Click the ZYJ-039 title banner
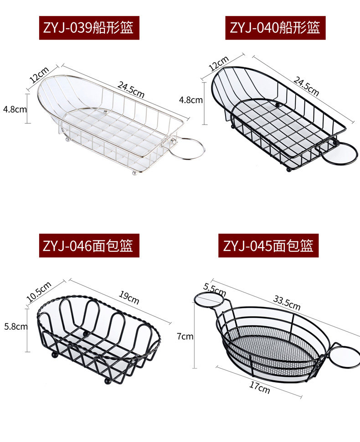tap(89, 28)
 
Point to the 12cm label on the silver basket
tap(39, 74)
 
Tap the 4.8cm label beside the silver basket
tap(15, 109)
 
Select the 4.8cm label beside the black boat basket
tap(190, 100)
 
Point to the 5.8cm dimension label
tap(15, 326)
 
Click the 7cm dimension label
tap(185, 337)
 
